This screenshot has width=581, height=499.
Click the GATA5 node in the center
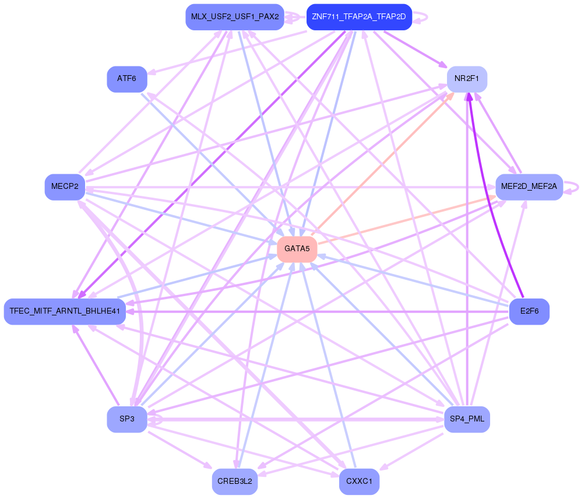pyautogui.click(x=297, y=250)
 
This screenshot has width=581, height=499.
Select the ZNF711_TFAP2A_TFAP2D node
pyautogui.click(x=359, y=17)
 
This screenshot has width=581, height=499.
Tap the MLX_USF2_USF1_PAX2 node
pyautogui.click(x=234, y=17)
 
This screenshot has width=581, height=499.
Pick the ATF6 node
pyautogui.click(x=126, y=79)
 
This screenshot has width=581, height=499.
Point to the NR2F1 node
pyautogui.click(x=467, y=79)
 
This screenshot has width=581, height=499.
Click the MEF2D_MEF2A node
pyautogui.click(x=529, y=187)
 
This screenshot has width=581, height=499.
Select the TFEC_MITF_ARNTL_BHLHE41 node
pyautogui.click(x=65, y=311)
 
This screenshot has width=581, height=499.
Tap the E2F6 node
pyautogui.click(x=529, y=311)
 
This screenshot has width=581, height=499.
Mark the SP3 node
pyautogui.click(x=126, y=420)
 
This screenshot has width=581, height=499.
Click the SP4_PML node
pyautogui.click(x=467, y=420)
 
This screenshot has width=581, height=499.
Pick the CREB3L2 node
pyautogui.click(x=234, y=482)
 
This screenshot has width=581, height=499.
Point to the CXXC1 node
pyautogui.click(x=359, y=482)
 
